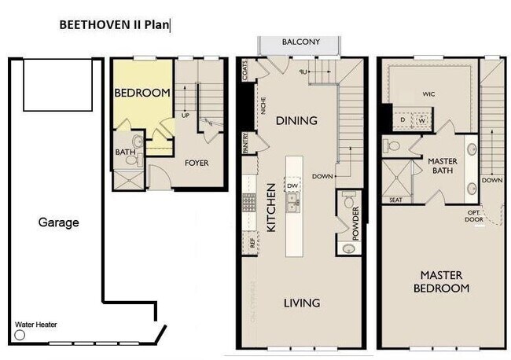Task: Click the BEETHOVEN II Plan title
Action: pyautogui.click(x=115, y=24)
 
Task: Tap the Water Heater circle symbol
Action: pyautogui.click(x=20, y=334)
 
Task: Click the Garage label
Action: pyautogui.click(x=59, y=222)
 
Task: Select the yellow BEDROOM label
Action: pyautogui.click(x=142, y=93)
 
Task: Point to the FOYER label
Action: pyautogui.click(x=197, y=163)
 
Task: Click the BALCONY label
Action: pyautogui.click(x=301, y=42)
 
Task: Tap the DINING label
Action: pyautogui.click(x=296, y=121)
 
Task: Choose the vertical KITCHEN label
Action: pyautogui.click(x=270, y=208)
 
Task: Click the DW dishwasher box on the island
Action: pyautogui.click(x=292, y=186)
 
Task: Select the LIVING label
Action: pyautogui.click(x=301, y=303)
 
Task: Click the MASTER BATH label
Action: pyautogui.click(x=443, y=166)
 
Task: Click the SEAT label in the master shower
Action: pyautogui.click(x=395, y=200)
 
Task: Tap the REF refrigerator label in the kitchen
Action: pyautogui.click(x=252, y=244)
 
